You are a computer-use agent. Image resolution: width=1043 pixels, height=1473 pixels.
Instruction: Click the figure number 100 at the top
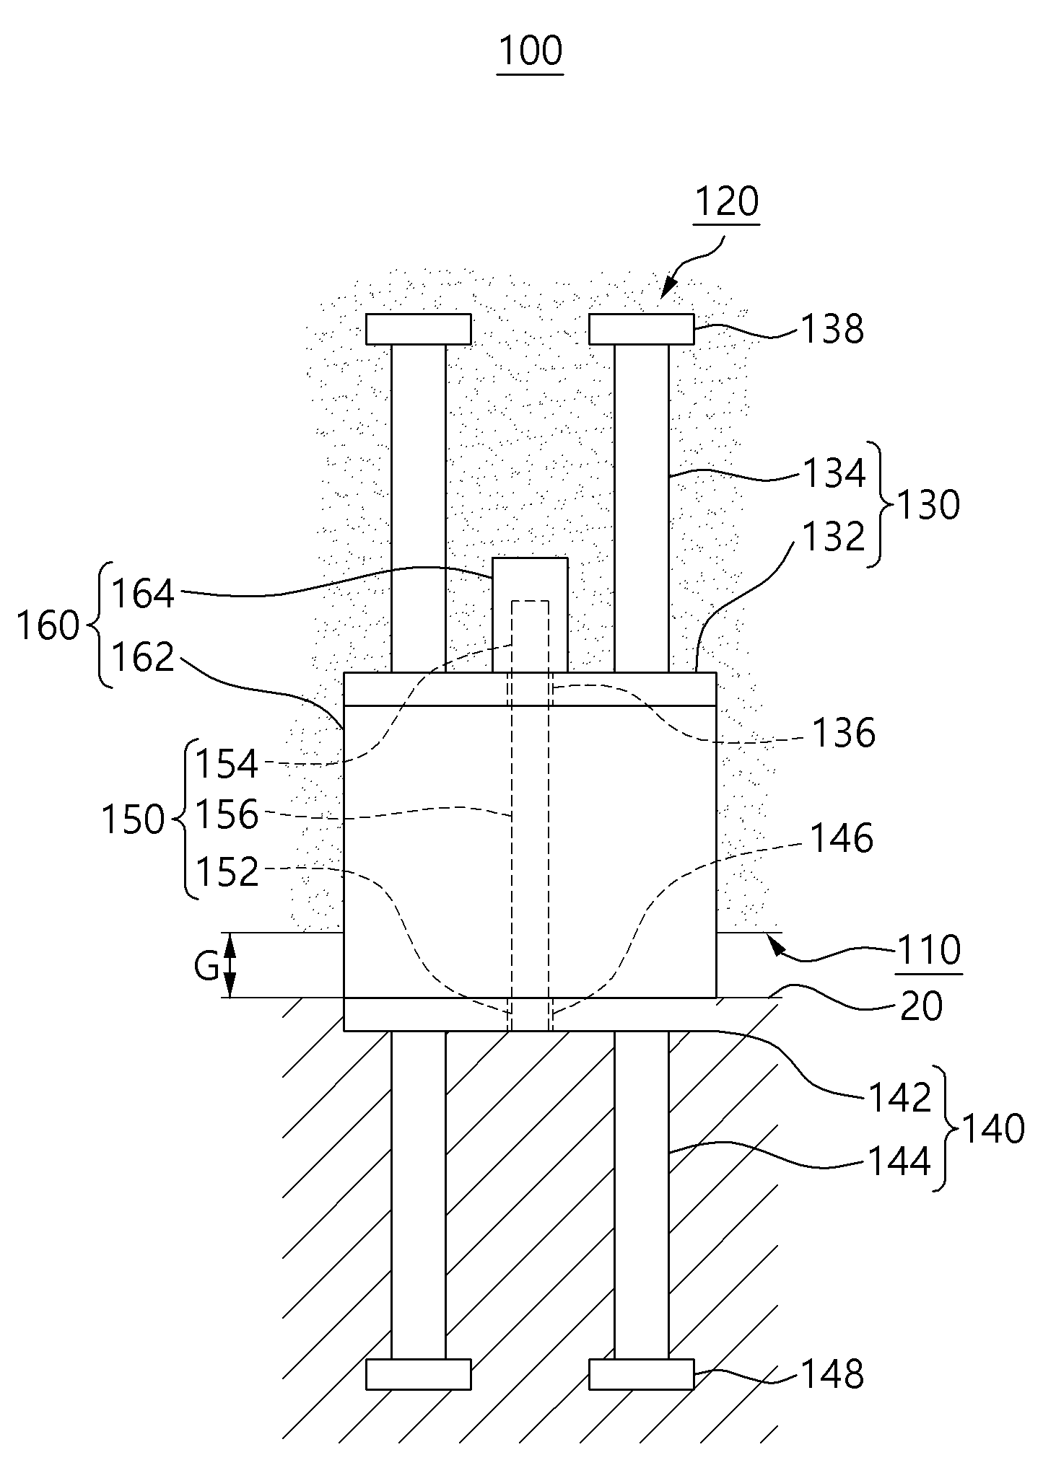[531, 52]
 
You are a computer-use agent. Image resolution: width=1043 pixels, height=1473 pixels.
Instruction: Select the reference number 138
[832, 330]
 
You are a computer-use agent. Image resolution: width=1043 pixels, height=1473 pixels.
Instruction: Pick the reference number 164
[144, 595]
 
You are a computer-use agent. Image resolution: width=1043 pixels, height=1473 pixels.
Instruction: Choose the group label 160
[48, 626]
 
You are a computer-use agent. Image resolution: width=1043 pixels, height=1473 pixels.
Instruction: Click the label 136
[844, 733]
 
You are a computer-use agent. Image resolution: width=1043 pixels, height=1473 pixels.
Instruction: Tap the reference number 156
[226, 815]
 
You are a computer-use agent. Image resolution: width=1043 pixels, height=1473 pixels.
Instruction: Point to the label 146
[842, 839]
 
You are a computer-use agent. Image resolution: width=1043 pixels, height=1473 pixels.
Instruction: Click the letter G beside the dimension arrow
[206, 967]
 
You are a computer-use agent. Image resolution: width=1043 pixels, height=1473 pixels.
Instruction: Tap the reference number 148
[832, 1375]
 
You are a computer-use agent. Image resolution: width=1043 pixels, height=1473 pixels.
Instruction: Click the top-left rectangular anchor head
[419, 329]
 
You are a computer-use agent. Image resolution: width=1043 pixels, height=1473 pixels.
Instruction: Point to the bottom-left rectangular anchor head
[419, 1373]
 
